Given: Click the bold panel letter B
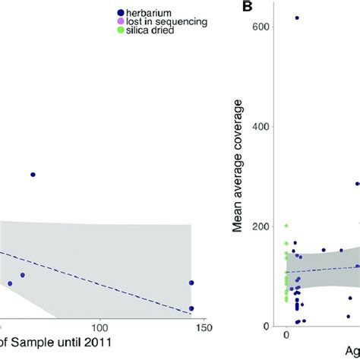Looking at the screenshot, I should point(247,7).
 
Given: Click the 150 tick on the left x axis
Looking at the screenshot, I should point(192,328).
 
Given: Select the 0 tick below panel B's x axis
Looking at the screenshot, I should point(286,333).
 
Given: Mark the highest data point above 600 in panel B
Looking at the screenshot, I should point(297,17).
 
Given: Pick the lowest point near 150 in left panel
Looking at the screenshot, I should point(191,308).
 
